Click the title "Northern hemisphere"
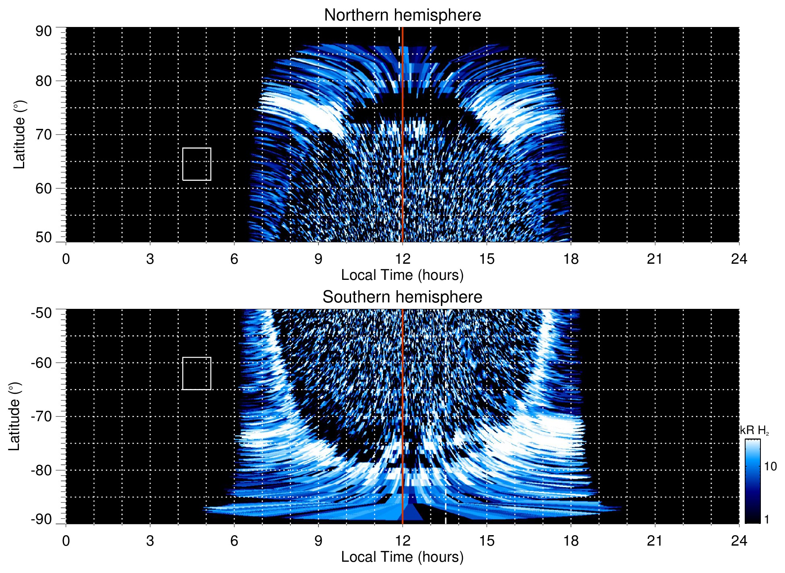tap(402, 15)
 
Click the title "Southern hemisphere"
tap(402, 297)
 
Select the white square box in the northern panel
tap(196, 164)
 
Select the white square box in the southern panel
tap(196, 373)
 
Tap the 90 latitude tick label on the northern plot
tap(43, 31)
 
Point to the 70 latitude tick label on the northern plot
tap(43, 134)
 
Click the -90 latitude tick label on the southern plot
tap(42, 519)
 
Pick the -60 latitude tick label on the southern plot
tap(42, 362)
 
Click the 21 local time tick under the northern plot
tap(655, 259)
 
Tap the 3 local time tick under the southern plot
tap(150, 540)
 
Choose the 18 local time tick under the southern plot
tap(570, 540)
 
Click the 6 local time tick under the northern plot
tap(234, 259)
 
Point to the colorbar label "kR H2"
tap(754, 430)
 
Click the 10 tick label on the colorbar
tap(770, 466)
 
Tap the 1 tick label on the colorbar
tap(766, 519)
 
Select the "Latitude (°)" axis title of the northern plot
tap(19, 134)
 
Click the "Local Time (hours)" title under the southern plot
tap(402, 557)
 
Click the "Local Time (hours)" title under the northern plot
tap(402, 275)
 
